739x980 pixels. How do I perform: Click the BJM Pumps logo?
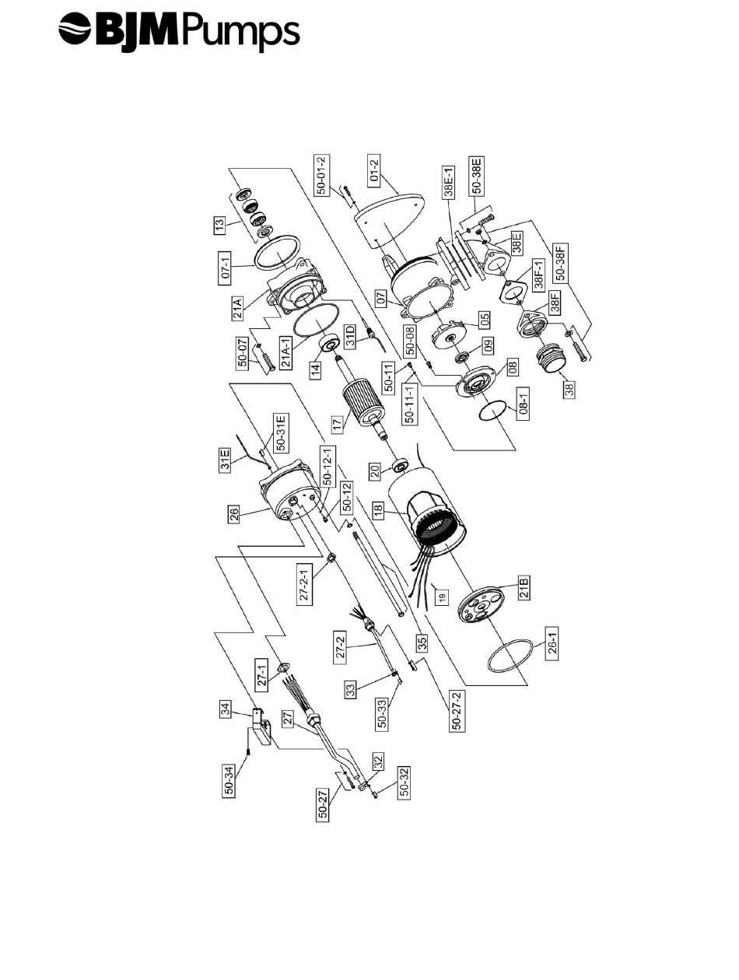[x=178, y=33]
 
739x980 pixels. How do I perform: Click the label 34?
[x=225, y=709]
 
